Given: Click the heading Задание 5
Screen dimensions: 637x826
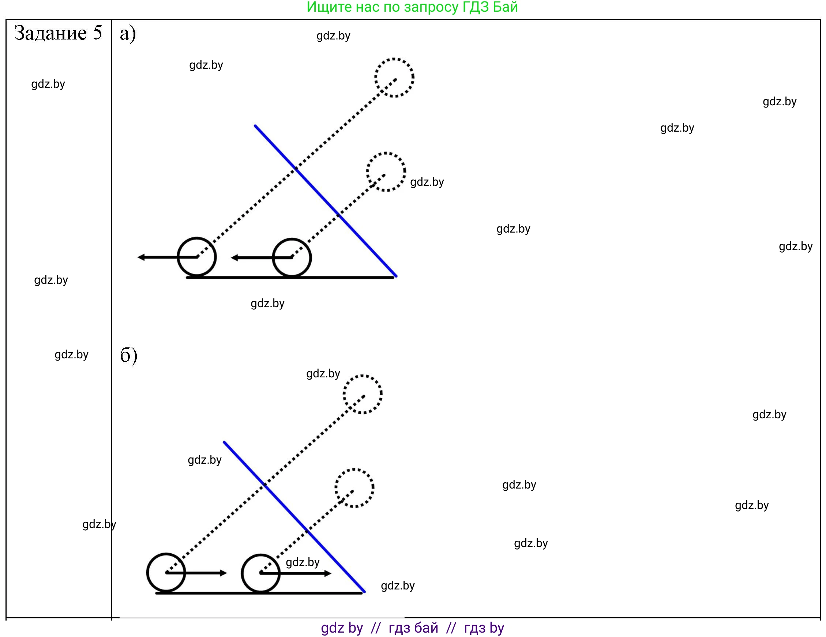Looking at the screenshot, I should (x=58, y=33).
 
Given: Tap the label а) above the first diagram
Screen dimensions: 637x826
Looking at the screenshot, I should (x=127, y=34).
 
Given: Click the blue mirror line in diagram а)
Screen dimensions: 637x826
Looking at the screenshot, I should (x=325, y=200).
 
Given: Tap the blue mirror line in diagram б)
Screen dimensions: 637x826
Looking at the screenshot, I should (x=294, y=517).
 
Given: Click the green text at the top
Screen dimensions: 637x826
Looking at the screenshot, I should (x=412, y=7).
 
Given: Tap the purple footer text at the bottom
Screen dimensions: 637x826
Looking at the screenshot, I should (x=412, y=628).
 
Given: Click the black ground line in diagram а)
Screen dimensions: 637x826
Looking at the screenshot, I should (x=290, y=278).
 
